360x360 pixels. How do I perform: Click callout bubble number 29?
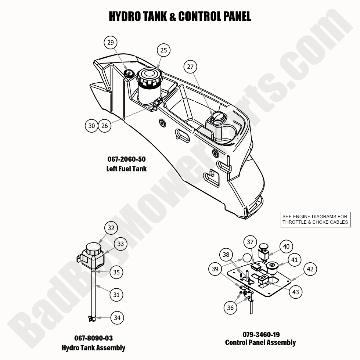click(110, 43)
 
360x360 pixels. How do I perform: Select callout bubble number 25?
click(163, 50)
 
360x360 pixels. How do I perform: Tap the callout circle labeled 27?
click(190, 67)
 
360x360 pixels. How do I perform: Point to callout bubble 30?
click(92, 126)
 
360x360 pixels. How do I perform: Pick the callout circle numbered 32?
click(111, 228)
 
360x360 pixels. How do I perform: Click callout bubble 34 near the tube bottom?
click(117, 317)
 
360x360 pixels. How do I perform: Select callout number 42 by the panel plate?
click(310, 269)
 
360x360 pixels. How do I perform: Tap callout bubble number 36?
click(230, 308)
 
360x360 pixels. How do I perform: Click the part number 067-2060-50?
click(126, 160)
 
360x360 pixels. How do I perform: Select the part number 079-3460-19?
click(261, 334)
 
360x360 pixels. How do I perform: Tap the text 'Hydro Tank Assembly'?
click(93, 348)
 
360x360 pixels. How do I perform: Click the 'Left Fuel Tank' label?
click(126, 169)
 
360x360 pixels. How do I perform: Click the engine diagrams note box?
click(315, 219)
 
